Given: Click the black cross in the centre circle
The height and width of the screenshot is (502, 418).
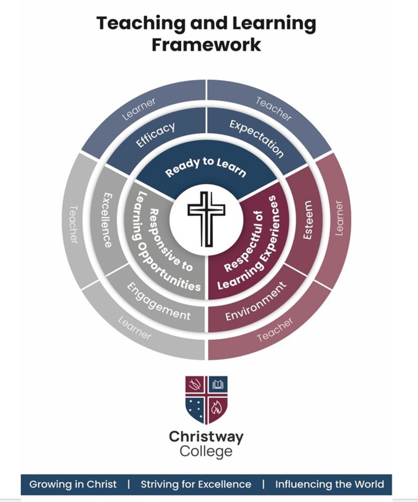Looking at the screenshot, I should [206, 218].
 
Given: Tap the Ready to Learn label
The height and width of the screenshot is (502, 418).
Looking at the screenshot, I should [205, 167].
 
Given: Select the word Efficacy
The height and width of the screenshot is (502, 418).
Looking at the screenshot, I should [155, 134].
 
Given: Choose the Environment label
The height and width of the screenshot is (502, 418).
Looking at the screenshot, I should [256, 301].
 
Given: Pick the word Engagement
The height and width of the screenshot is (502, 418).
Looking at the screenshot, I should [159, 301].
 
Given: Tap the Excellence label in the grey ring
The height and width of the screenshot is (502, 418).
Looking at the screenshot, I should [106, 220].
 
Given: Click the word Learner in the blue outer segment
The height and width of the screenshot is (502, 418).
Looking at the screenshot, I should [139, 109].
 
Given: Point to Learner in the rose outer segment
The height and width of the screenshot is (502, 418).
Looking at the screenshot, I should [339, 218].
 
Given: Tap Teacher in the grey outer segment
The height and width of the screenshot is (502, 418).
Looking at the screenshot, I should [73, 224].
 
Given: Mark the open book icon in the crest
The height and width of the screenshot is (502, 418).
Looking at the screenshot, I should [218, 384].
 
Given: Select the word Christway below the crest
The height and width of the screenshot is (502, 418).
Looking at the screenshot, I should [206, 438].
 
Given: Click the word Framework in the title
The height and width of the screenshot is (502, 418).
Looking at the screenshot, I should [206, 44].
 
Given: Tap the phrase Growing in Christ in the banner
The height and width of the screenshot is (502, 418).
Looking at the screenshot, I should [73, 484].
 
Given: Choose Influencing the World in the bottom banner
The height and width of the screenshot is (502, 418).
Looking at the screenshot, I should [329, 484].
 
